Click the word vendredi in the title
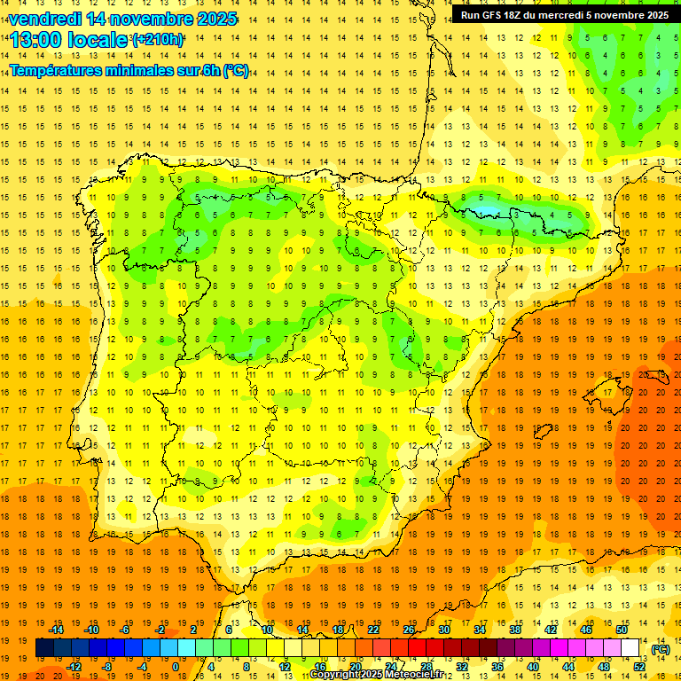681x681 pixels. (44, 19)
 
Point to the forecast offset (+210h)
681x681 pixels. (158, 39)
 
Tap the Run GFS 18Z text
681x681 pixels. (493, 15)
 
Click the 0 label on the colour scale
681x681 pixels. (176, 666)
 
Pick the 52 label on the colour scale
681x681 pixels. (639, 666)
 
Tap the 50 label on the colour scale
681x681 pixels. (622, 629)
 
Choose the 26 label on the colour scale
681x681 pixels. (409, 629)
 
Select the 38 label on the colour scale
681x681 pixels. (515, 629)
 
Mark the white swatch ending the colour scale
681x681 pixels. (630, 647)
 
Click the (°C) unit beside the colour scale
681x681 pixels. (661, 649)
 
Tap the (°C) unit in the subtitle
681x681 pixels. (236, 70)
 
